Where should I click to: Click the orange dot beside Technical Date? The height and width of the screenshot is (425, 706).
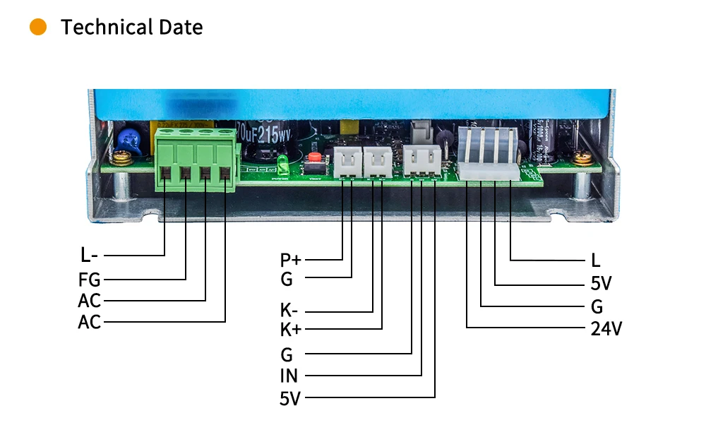[38, 28]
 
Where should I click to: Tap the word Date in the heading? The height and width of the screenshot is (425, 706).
[179, 28]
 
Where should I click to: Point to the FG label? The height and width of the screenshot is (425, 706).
[90, 279]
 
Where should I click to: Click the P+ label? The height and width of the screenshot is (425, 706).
[291, 260]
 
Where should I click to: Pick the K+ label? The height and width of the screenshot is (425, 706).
[291, 329]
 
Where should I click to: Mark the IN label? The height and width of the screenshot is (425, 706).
[289, 376]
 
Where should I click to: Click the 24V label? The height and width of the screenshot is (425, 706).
[606, 328]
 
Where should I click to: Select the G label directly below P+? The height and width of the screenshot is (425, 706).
[287, 279]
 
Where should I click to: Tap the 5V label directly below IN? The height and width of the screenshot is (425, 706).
[290, 399]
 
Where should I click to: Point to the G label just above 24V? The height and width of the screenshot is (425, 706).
[597, 307]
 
